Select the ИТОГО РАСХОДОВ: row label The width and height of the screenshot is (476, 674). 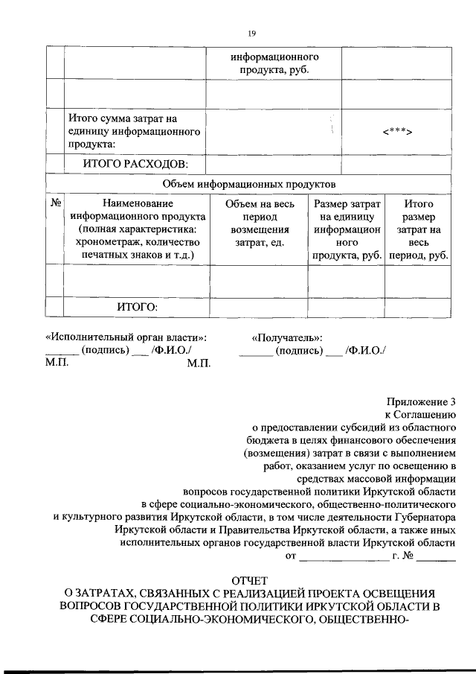pyautogui.click(x=136, y=163)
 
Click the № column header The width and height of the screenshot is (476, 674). pyautogui.click(x=55, y=203)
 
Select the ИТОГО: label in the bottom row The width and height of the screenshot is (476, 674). pyautogui.click(x=137, y=306)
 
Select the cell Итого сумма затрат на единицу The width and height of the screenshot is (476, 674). pyautogui.click(x=135, y=131)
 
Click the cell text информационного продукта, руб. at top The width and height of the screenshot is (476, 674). pyautogui.click(x=274, y=63)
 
